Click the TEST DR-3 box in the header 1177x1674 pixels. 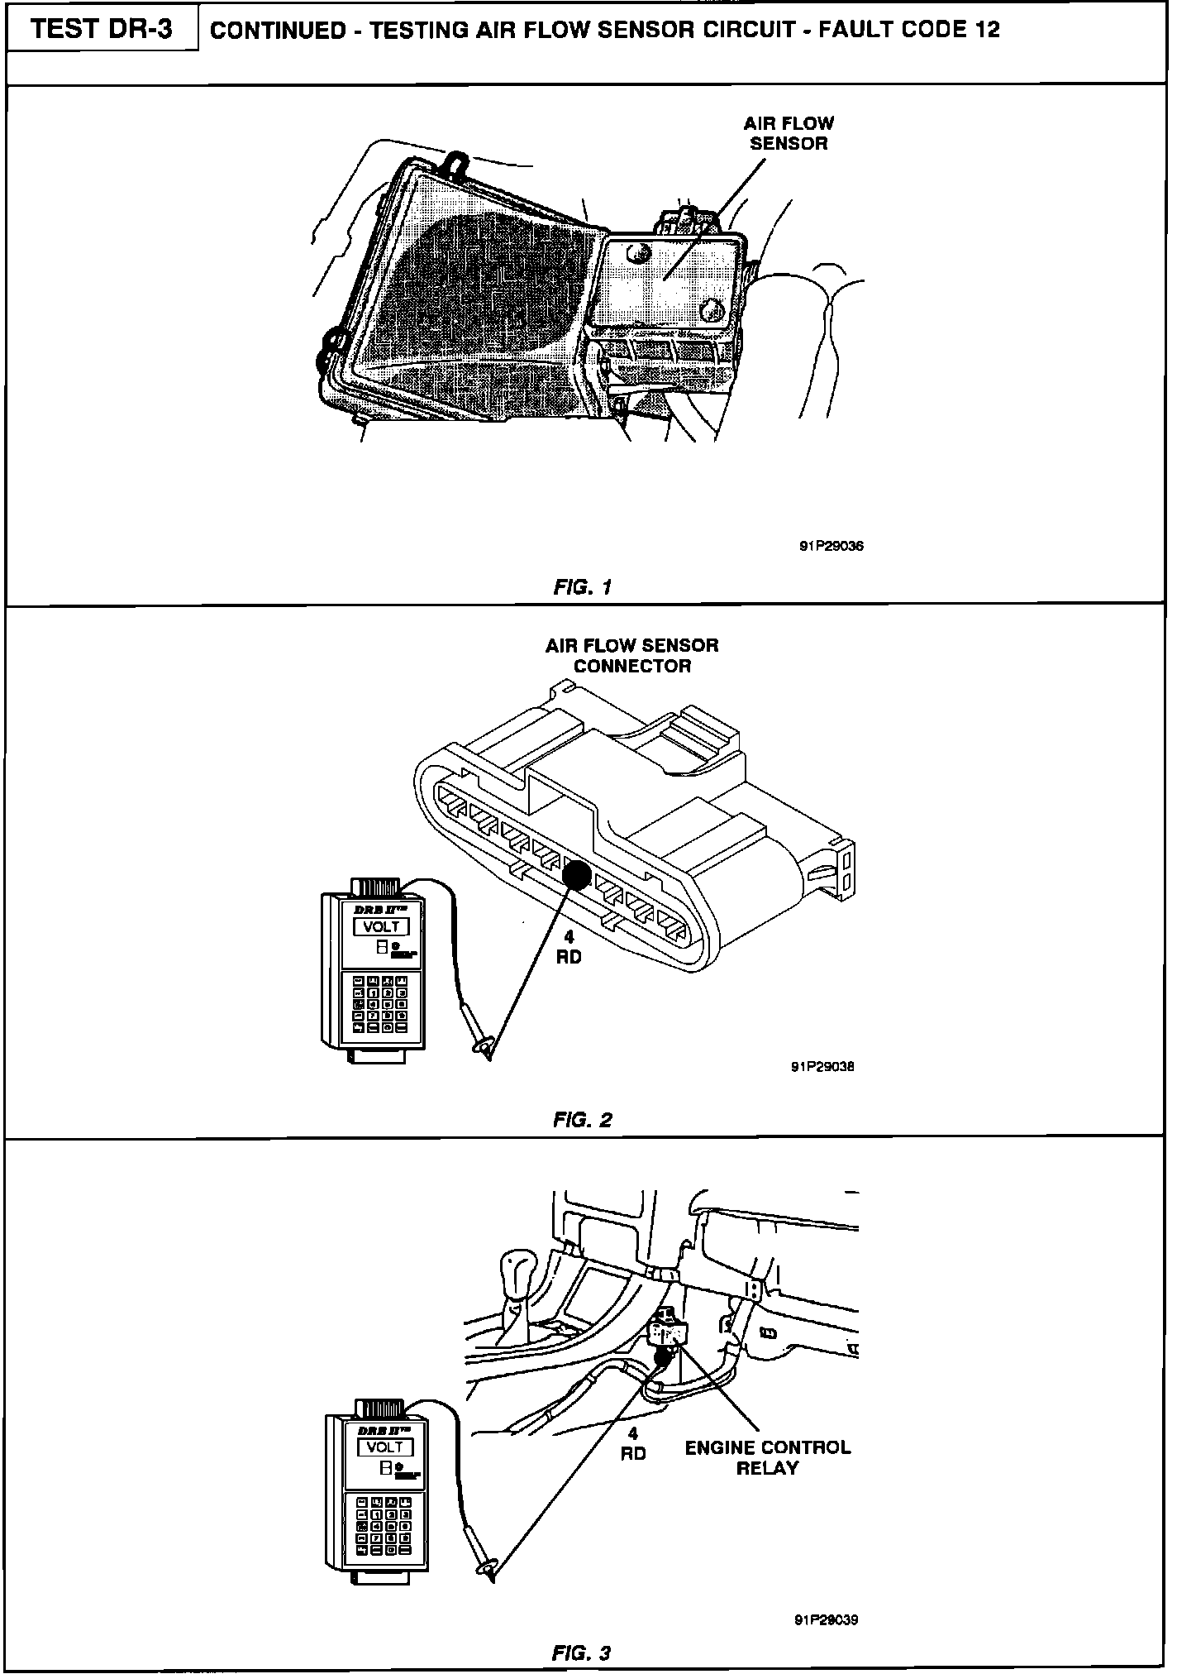point(102,30)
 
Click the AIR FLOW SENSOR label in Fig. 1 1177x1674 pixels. point(789,133)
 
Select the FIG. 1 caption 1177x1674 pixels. point(583,587)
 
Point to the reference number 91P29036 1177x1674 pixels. point(831,546)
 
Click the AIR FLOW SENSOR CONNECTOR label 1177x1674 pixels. point(631,656)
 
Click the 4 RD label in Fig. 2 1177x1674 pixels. point(569,948)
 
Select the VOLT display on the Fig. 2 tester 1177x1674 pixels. point(382,927)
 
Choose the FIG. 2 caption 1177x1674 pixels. point(583,1121)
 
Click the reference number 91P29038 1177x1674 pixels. point(822,1066)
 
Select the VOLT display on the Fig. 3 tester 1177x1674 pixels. point(384,1447)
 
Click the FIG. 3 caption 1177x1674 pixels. point(581,1653)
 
